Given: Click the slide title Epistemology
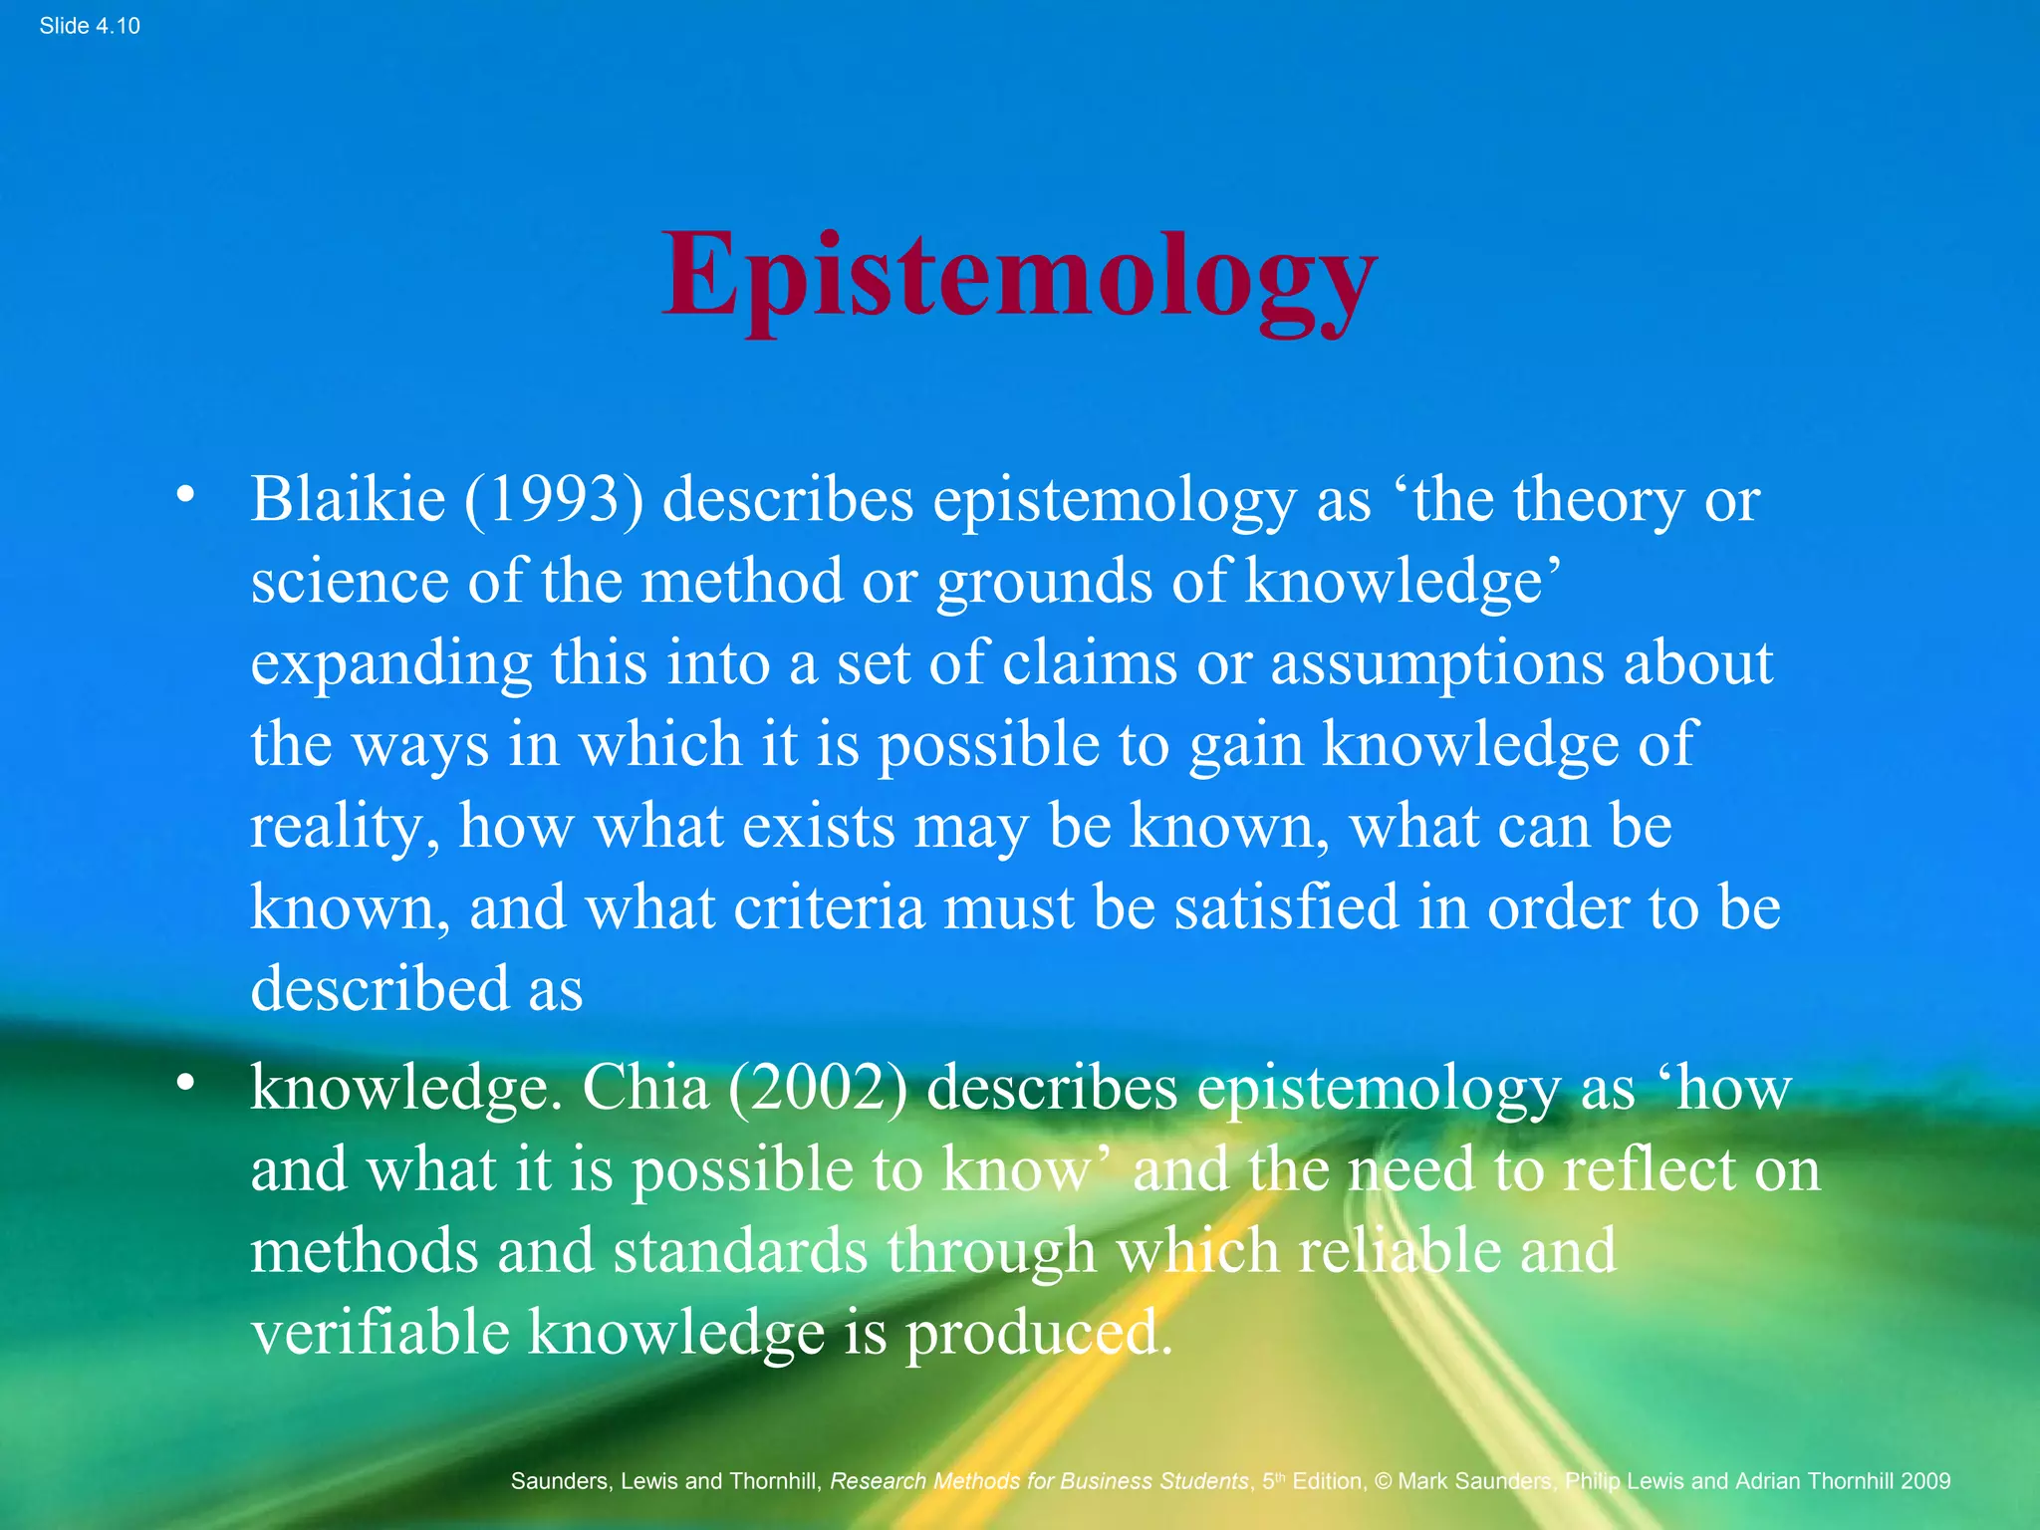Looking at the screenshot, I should (1019, 276).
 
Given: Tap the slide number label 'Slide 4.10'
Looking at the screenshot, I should (90, 26).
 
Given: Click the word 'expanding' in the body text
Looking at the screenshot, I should (390, 663).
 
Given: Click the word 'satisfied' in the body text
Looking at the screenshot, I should (1286, 907).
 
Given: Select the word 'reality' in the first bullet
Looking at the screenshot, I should (339, 827).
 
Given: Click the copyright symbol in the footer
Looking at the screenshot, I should (1383, 1481).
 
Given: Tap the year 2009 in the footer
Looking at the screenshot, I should (1924, 1481).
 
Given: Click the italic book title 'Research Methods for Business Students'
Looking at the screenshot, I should (1039, 1481).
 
